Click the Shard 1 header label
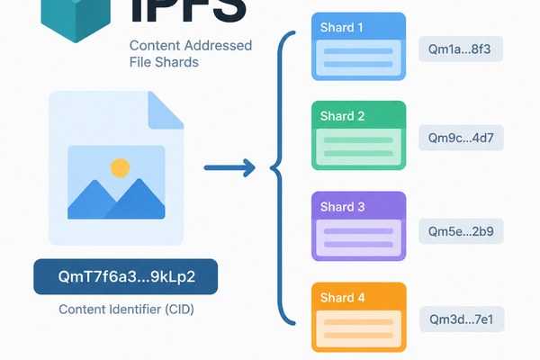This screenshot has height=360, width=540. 341,27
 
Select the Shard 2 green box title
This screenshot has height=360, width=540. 342,116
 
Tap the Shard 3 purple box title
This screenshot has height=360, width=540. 342,207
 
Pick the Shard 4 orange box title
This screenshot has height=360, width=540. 342,297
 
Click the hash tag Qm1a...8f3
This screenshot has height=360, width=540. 461,49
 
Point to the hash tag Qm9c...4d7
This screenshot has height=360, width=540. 461,138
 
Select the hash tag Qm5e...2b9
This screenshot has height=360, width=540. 461,231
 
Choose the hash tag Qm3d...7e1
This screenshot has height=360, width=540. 462,319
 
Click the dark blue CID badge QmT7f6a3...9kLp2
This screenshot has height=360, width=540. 126,276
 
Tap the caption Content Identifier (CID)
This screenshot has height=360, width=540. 126,309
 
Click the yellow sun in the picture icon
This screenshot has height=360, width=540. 120,168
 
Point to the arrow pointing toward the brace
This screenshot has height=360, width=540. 229,167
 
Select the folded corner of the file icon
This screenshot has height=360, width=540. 166,110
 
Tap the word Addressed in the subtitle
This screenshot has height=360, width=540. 218,46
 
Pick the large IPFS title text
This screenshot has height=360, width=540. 189,10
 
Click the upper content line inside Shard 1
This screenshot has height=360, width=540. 358,51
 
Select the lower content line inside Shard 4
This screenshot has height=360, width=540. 358,335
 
